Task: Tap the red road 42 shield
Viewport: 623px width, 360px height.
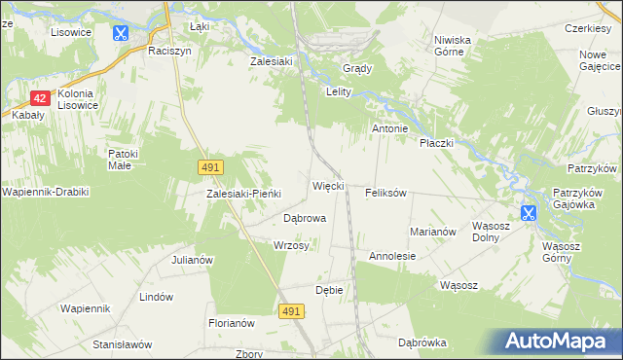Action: pyautogui.click(x=40, y=98)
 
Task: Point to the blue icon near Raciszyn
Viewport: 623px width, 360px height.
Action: pyautogui.click(x=121, y=33)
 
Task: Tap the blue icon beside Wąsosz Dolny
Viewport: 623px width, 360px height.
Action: pyautogui.click(x=529, y=212)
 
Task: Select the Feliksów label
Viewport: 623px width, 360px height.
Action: pyautogui.click(x=385, y=193)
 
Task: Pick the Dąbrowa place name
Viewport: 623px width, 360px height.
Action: pyautogui.click(x=304, y=218)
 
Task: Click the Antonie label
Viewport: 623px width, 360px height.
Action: pyautogui.click(x=395, y=128)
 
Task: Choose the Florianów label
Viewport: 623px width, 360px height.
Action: pyautogui.click(x=231, y=322)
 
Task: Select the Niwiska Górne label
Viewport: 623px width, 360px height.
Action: pyautogui.click(x=453, y=47)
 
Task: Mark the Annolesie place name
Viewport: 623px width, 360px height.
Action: pyautogui.click(x=392, y=256)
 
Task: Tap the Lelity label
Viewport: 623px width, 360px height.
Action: pyautogui.click(x=337, y=91)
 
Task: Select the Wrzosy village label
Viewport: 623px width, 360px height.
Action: pyautogui.click(x=291, y=246)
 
